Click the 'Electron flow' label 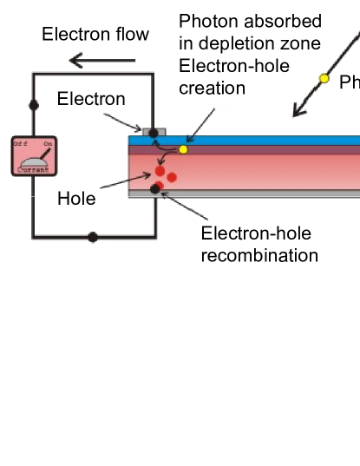96,35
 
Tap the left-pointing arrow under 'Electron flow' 102,60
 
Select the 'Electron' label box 91,99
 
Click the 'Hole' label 76,198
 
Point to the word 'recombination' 259,255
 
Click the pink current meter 34,156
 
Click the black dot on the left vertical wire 34,105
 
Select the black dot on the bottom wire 93,237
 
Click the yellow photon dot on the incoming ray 324,79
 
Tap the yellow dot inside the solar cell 183,149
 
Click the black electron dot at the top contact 154,133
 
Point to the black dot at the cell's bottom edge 155,188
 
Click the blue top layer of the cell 260,140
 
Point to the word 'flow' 132,35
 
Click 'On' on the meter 49,143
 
